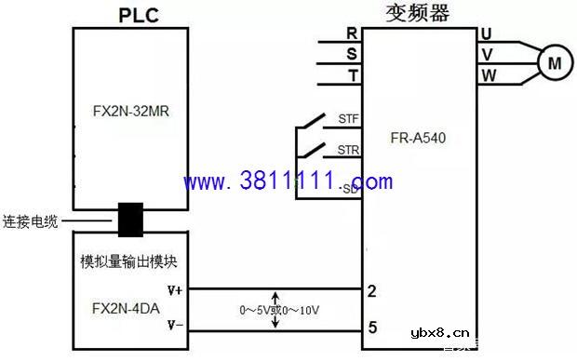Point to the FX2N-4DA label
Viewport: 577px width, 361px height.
pos(115,306)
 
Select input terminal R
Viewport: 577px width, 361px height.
pos(352,34)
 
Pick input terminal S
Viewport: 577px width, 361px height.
pos(352,55)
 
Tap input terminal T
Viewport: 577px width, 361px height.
pos(352,75)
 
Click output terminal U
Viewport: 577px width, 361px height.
pos(487,34)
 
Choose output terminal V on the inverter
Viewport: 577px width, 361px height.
pos(487,55)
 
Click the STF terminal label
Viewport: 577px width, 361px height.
pos(348,118)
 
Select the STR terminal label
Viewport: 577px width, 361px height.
pos(348,149)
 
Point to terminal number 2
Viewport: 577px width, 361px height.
pos(372,291)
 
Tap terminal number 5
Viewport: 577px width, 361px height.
pos(372,327)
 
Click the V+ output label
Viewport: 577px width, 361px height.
pos(173,289)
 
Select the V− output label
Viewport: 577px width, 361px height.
pos(173,326)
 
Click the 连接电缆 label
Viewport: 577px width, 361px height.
pos(31,221)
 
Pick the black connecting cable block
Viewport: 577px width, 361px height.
pos(129,220)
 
